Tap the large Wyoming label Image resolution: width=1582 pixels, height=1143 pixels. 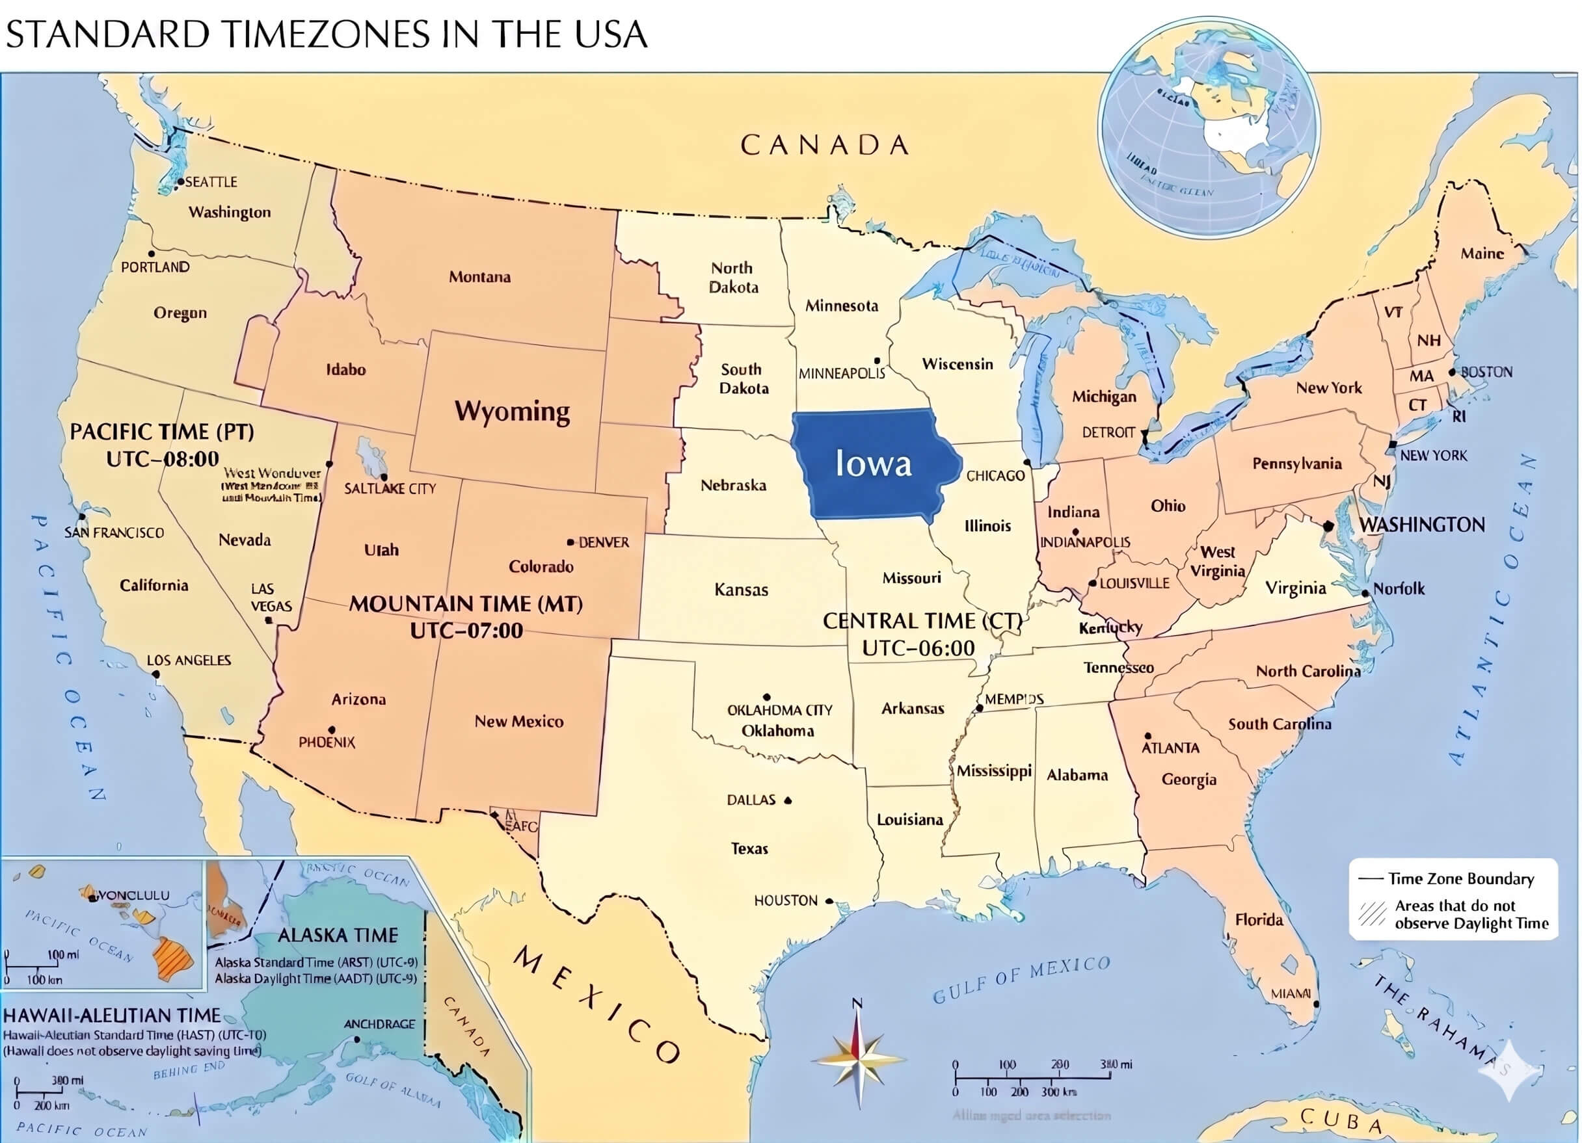(512, 411)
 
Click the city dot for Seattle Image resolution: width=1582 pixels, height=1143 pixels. (180, 182)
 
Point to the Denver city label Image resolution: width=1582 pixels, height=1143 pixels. (604, 542)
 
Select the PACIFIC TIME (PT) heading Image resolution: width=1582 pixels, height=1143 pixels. (162, 432)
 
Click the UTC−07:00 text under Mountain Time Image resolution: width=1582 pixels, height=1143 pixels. (466, 631)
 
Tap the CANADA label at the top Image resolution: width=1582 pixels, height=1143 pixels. (824, 145)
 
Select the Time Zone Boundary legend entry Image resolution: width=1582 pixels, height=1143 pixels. (1460, 878)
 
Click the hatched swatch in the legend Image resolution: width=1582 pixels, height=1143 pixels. (1372, 914)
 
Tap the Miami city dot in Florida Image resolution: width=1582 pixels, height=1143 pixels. (1316, 1005)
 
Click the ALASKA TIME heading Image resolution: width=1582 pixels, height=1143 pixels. (338, 935)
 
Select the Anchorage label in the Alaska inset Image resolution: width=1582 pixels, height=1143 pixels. (379, 1024)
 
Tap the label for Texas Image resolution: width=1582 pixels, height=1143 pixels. (749, 848)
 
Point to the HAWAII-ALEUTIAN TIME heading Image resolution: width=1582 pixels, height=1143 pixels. (113, 1016)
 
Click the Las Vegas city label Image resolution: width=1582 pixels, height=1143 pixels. (271, 598)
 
